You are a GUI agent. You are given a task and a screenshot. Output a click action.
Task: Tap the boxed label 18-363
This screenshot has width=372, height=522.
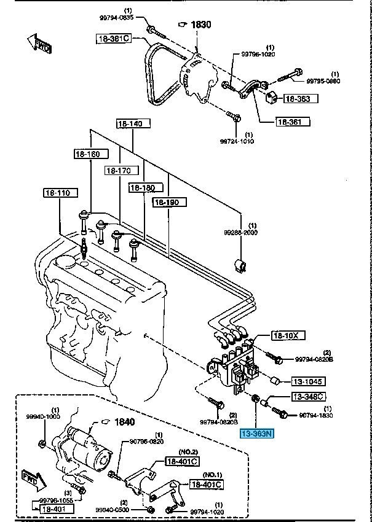[x=297, y=98]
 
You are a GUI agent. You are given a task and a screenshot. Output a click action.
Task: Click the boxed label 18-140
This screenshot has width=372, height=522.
[x=130, y=124]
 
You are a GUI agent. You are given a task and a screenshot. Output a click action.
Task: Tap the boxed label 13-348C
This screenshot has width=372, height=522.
[x=309, y=397]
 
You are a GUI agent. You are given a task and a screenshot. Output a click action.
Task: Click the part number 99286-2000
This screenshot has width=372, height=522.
[x=242, y=233]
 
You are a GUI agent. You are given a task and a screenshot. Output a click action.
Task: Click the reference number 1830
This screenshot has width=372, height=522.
[x=200, y=24]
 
